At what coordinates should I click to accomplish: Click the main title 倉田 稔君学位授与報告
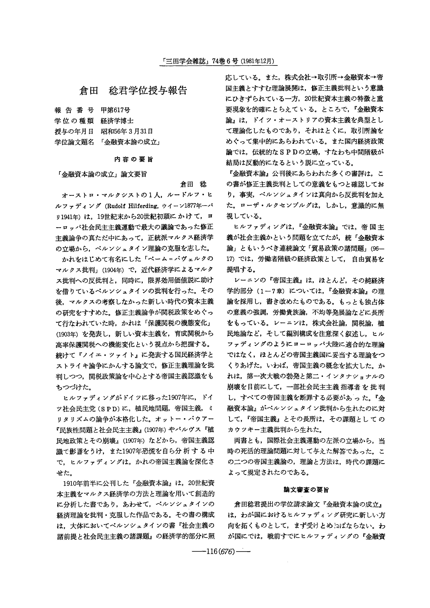pos(133,90)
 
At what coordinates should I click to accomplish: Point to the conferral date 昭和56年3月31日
pos(127,131)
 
